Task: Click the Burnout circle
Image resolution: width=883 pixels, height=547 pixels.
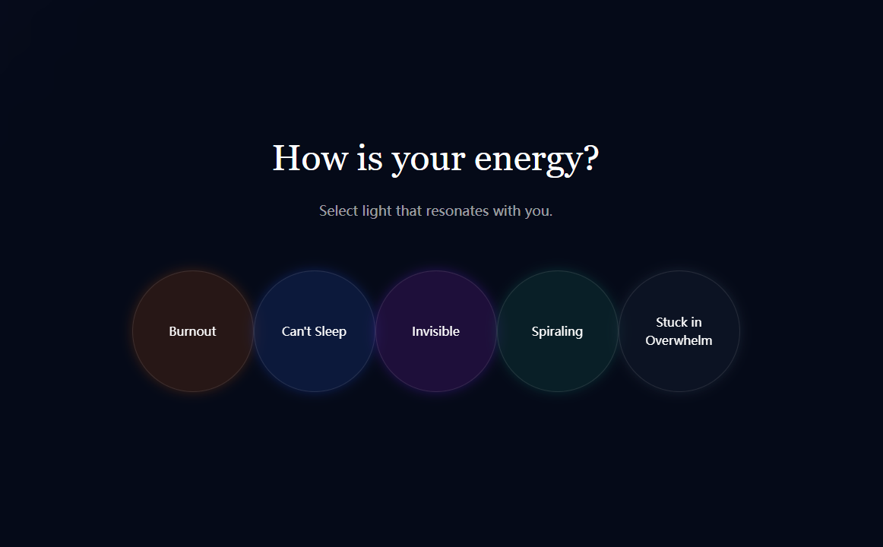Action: tap(192, 331)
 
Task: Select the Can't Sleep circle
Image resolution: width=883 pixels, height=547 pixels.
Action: tap(315, 331)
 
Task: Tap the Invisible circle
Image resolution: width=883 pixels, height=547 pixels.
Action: tap(436, 331)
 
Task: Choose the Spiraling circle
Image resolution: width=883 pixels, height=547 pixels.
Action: tap(558, 331)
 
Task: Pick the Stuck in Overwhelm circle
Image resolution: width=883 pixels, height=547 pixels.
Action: tap(679, 331)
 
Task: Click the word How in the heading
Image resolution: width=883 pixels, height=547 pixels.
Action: tap(310, 158)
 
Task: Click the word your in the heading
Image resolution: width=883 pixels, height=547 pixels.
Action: tap(428, 162)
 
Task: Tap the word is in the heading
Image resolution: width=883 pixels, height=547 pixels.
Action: tap(370, 157)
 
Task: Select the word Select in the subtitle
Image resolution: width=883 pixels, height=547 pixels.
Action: tap(338, 211)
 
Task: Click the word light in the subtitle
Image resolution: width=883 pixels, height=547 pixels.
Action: tap(377, 212)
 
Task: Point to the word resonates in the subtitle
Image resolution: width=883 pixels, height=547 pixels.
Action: tap(457, 212)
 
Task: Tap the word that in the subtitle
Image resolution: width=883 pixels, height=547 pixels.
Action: tap(409, 211)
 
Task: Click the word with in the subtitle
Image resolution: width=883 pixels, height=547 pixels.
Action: tap(506, 211)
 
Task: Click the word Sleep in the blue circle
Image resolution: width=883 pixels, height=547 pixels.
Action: tap(330, 332)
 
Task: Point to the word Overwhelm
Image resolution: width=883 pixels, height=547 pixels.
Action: tap(679, 340)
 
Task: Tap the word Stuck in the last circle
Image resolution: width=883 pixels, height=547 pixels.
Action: tap(672, 322)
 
